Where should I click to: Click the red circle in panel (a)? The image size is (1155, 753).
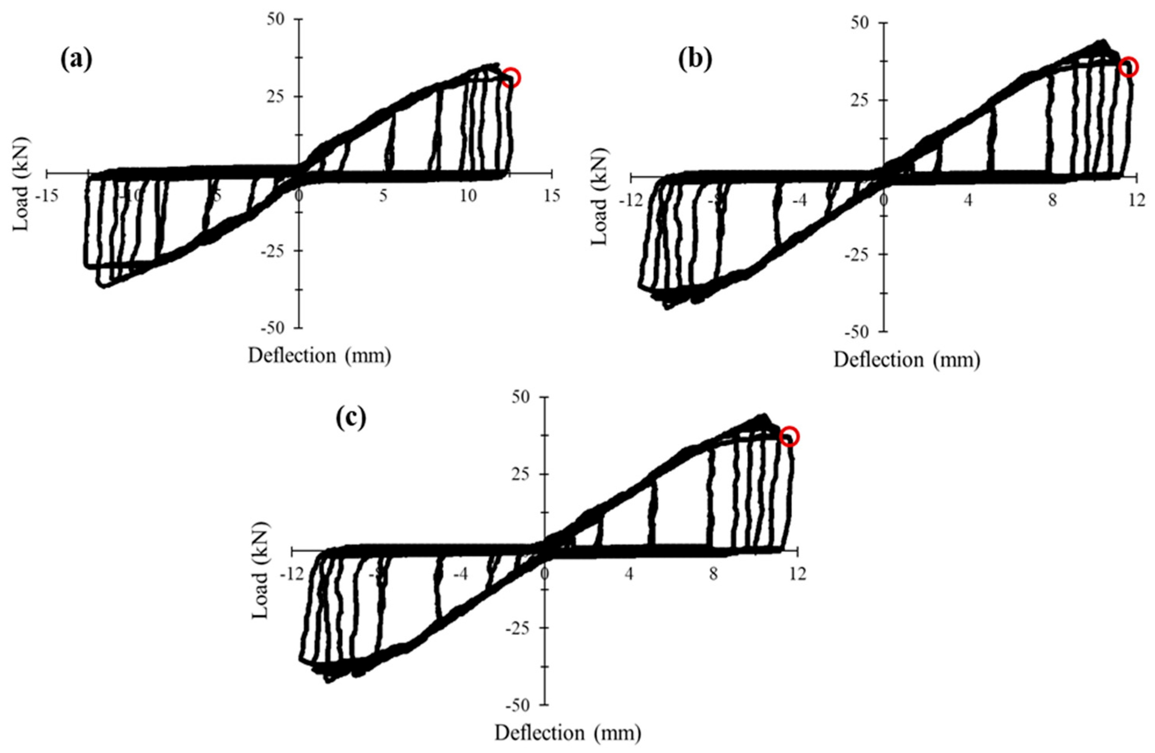pos(511,78)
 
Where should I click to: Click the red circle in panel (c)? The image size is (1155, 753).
pos(789,436)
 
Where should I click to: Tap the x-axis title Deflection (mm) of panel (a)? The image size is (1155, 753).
pos(319,356)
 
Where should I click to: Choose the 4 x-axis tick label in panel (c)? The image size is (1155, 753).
pos(629,575)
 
